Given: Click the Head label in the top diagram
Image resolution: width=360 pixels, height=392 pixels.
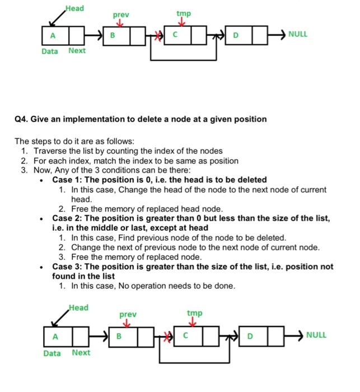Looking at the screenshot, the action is click(x=74, y=8).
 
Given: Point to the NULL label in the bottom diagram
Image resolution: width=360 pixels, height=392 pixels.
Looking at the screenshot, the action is click(x=316, y=335).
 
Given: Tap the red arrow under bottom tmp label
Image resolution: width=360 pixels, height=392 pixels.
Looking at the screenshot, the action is click(x=194, y=323).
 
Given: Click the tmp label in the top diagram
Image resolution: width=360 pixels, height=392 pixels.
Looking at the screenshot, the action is click(x=183, y=13).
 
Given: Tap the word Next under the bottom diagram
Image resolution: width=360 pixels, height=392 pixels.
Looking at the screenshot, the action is click(x=81, y=352).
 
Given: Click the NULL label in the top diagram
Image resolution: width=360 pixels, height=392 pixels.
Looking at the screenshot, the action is click(x=298, y=34).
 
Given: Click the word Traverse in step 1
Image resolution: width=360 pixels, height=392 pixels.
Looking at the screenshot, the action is click(x=50, y=151).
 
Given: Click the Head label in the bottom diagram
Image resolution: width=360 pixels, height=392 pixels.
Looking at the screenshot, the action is click(x=78, y=307).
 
